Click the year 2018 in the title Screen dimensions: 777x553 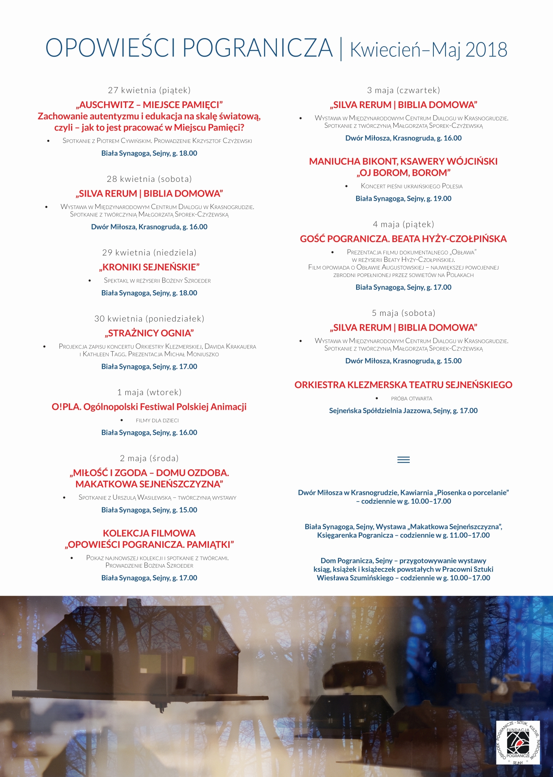486,50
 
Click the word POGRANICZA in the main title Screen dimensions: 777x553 257,48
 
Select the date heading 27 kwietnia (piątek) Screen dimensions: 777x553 149,90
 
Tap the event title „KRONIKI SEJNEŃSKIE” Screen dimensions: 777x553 149,267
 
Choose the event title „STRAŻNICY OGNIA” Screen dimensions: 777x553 149,333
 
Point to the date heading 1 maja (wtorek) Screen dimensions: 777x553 149,392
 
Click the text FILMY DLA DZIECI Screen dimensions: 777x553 157,420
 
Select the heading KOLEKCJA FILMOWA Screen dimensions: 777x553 149,533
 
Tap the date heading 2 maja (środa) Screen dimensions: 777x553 149,458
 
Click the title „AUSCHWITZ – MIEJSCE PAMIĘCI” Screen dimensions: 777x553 149,105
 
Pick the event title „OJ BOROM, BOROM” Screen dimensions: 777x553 403,173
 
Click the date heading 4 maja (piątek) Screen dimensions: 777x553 403,224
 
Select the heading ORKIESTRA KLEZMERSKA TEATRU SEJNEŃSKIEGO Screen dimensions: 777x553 403,385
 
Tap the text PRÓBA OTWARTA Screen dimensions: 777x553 411,399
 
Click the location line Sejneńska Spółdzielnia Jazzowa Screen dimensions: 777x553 403,411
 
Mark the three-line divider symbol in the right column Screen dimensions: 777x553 403,460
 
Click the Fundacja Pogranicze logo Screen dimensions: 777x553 518,742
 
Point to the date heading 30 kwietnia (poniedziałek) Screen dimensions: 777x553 149,319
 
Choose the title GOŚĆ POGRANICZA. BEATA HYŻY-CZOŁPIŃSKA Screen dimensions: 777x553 403,239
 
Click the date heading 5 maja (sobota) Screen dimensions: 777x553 403,313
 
